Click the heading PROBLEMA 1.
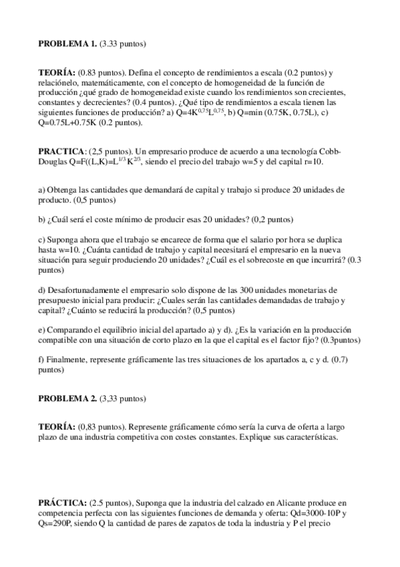pyautogui.click(x=67, y=44)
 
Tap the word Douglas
pyautogui.click(x=55, y=162)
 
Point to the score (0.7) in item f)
pyautogui.click(x=335, y=360)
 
